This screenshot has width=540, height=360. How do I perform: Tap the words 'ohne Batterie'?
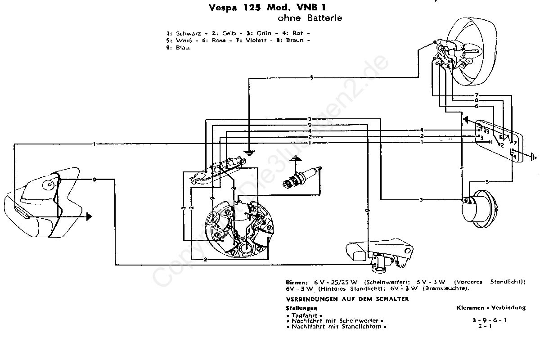point(310,18)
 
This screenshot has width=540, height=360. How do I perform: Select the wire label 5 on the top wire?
point(311,78)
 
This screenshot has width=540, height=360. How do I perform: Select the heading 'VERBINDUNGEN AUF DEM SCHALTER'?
point(347,299)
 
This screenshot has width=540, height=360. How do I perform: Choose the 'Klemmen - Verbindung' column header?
point(490,308)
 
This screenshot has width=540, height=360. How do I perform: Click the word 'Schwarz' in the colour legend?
point(186,33)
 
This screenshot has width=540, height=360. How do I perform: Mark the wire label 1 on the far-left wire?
point(94,144)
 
